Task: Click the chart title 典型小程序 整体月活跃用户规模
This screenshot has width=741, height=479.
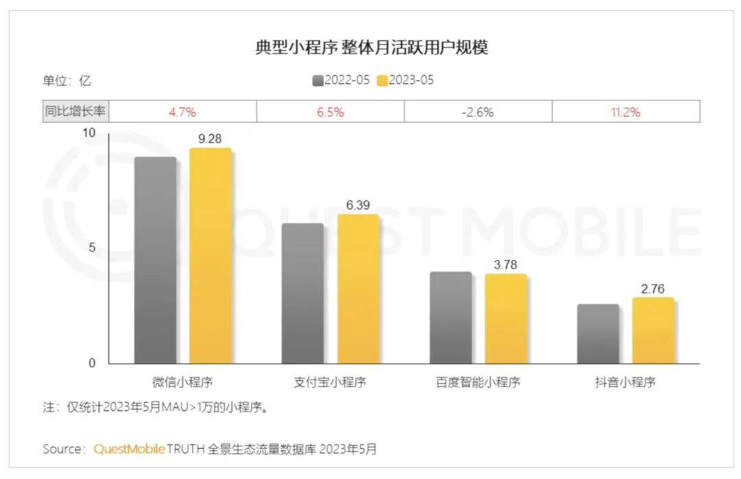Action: pyautogui.click(x=371, y=48)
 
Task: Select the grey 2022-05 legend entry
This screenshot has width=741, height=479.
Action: pyautogui.click(x=341, y=80)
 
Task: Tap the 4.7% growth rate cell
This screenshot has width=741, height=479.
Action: pyautogui.click(x=183, y=112)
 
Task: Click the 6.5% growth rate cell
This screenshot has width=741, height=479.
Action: pyautogui.click(x=330, y=112)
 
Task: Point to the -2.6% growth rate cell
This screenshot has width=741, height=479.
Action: pyautogui.click(x=478, y=112)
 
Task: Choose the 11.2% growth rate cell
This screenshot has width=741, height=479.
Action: pyautogui.click(x=625, y=112)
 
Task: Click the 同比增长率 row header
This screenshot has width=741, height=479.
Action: pyautogui.click(x=76, y=112)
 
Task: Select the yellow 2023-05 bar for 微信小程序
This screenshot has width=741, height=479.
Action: pyautogui.click(x=211, y=255)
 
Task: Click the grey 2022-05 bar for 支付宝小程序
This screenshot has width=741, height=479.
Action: pyautogui.click(x=303, y=293)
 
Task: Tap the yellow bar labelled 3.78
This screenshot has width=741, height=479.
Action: pyautogui.click(x=506, y=318)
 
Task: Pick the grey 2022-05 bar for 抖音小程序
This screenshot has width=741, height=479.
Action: pyautogui.click(x=598, y=334)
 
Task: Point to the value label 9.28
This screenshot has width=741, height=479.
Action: pyautogui.click(x=211, y=139)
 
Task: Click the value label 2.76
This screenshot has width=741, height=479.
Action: pyautogui.click(x=653, y=289)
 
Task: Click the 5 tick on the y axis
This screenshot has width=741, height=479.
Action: pyautogui.click(x=92, y=248)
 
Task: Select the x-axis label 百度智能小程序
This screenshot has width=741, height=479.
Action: pyautogui.click(x=478, y=382)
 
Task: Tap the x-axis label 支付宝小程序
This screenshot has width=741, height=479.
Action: pyautogui.click(x=330, y=382)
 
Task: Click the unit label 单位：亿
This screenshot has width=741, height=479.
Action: pyautogui.click(x=67, y=80)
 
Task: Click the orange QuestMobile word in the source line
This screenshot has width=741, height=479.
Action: pyautogui.click(x=129, y=449)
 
